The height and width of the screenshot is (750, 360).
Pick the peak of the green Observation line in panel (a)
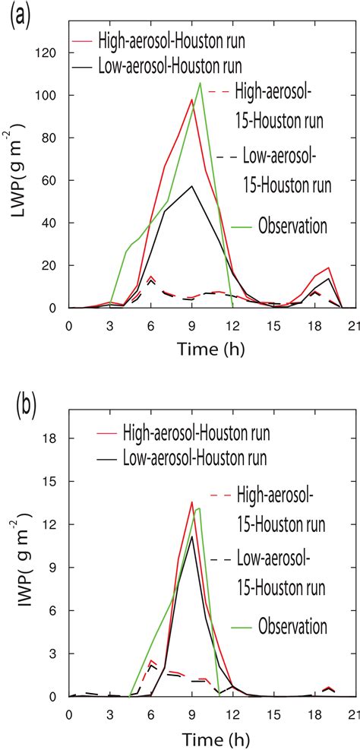tap(200, 83)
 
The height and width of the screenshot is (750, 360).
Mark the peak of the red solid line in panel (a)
tap(193, 99)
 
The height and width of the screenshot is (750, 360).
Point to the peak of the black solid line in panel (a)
tap(193, 185)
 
